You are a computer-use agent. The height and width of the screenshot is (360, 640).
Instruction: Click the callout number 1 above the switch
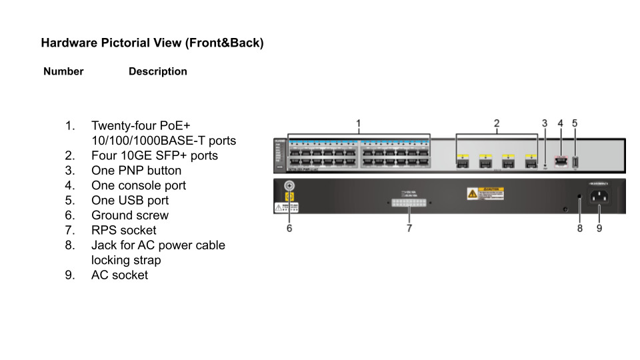coord(359,123)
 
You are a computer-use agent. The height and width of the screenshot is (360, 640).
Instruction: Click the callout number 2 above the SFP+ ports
coord(497,123)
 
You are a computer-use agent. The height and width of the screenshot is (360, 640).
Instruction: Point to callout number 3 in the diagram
coord(545,123)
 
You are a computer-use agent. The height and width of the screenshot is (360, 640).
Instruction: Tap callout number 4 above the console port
coord(560,123)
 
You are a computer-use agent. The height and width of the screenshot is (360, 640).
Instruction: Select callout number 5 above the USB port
coord(575,123)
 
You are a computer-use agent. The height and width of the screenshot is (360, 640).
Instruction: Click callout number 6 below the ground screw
coord(289,228)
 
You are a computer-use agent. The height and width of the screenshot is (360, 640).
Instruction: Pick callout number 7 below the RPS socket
coord(409,228)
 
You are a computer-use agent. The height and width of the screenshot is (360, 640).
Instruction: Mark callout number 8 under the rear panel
coord(580,228)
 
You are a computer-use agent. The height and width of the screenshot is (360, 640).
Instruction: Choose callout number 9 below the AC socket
coord(599,228)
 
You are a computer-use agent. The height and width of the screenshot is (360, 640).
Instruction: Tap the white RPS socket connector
coord(409,202)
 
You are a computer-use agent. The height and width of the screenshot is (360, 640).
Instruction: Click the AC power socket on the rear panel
coord(600,197)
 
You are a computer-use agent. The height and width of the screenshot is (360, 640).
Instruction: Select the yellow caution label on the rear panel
coord(485,193)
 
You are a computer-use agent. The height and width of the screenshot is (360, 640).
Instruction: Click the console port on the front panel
coord(560,161)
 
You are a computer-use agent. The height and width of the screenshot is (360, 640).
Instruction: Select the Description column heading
coord(158,71)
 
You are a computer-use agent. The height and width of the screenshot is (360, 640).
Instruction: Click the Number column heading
coord(63,71)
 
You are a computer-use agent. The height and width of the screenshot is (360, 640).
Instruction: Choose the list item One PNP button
coord(136,171)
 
